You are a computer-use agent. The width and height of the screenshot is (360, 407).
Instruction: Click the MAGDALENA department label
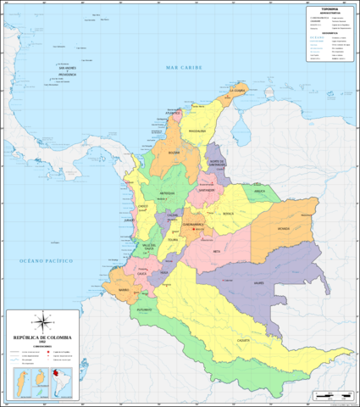click(x=197, y=131)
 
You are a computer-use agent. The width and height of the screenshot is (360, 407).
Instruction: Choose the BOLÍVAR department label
click(x=174, y=153)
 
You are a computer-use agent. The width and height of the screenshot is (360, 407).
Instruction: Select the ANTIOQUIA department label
click(x=167, y=192)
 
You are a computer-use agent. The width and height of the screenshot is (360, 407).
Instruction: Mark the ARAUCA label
click(x=259, y=192)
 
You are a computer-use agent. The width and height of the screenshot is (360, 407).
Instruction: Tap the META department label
click(x=216, y=251)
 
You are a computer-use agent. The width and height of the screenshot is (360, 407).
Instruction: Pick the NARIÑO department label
click(x=124, y=289)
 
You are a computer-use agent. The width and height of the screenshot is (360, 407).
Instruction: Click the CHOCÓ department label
click(x=143, y=206)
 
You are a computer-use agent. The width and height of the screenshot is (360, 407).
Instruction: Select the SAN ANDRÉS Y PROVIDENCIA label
click(x=62, y=71)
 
